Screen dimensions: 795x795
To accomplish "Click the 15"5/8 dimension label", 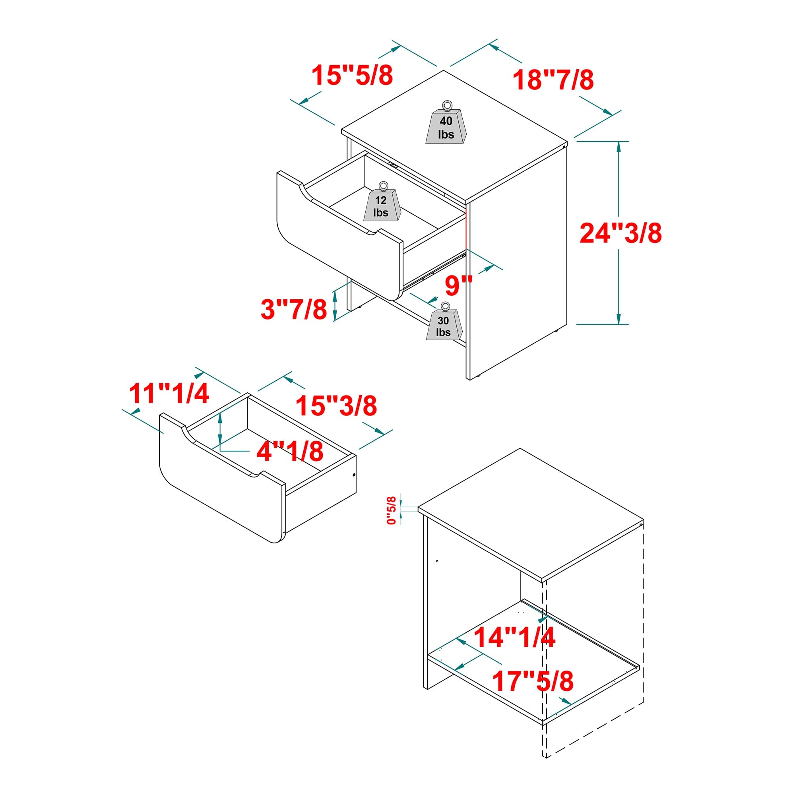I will [x=352, y=75].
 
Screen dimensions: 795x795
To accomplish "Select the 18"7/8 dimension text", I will [x=553, y=80].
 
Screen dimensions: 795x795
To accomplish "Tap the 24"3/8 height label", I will [x=620, y=233].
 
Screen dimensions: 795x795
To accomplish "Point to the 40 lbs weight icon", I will [x=446, y=126].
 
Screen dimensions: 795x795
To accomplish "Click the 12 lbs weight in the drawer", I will [x=382, y=206].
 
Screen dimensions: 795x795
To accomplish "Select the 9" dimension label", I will [x=458, y=285].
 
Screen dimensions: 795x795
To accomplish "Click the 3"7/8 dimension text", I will [x=294, y=309].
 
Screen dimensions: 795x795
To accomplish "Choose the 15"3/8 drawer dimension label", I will [x=336, y=406].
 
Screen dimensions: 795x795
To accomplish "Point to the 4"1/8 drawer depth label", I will [x=290, y=452].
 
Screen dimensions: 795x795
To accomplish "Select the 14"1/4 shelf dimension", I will [x=514, y=637].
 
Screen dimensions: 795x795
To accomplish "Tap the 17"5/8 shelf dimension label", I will [x=533, y=681].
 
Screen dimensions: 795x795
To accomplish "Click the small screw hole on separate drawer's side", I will [x=354, y=475].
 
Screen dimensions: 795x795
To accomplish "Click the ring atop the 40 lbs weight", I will [x=446, y=105].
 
